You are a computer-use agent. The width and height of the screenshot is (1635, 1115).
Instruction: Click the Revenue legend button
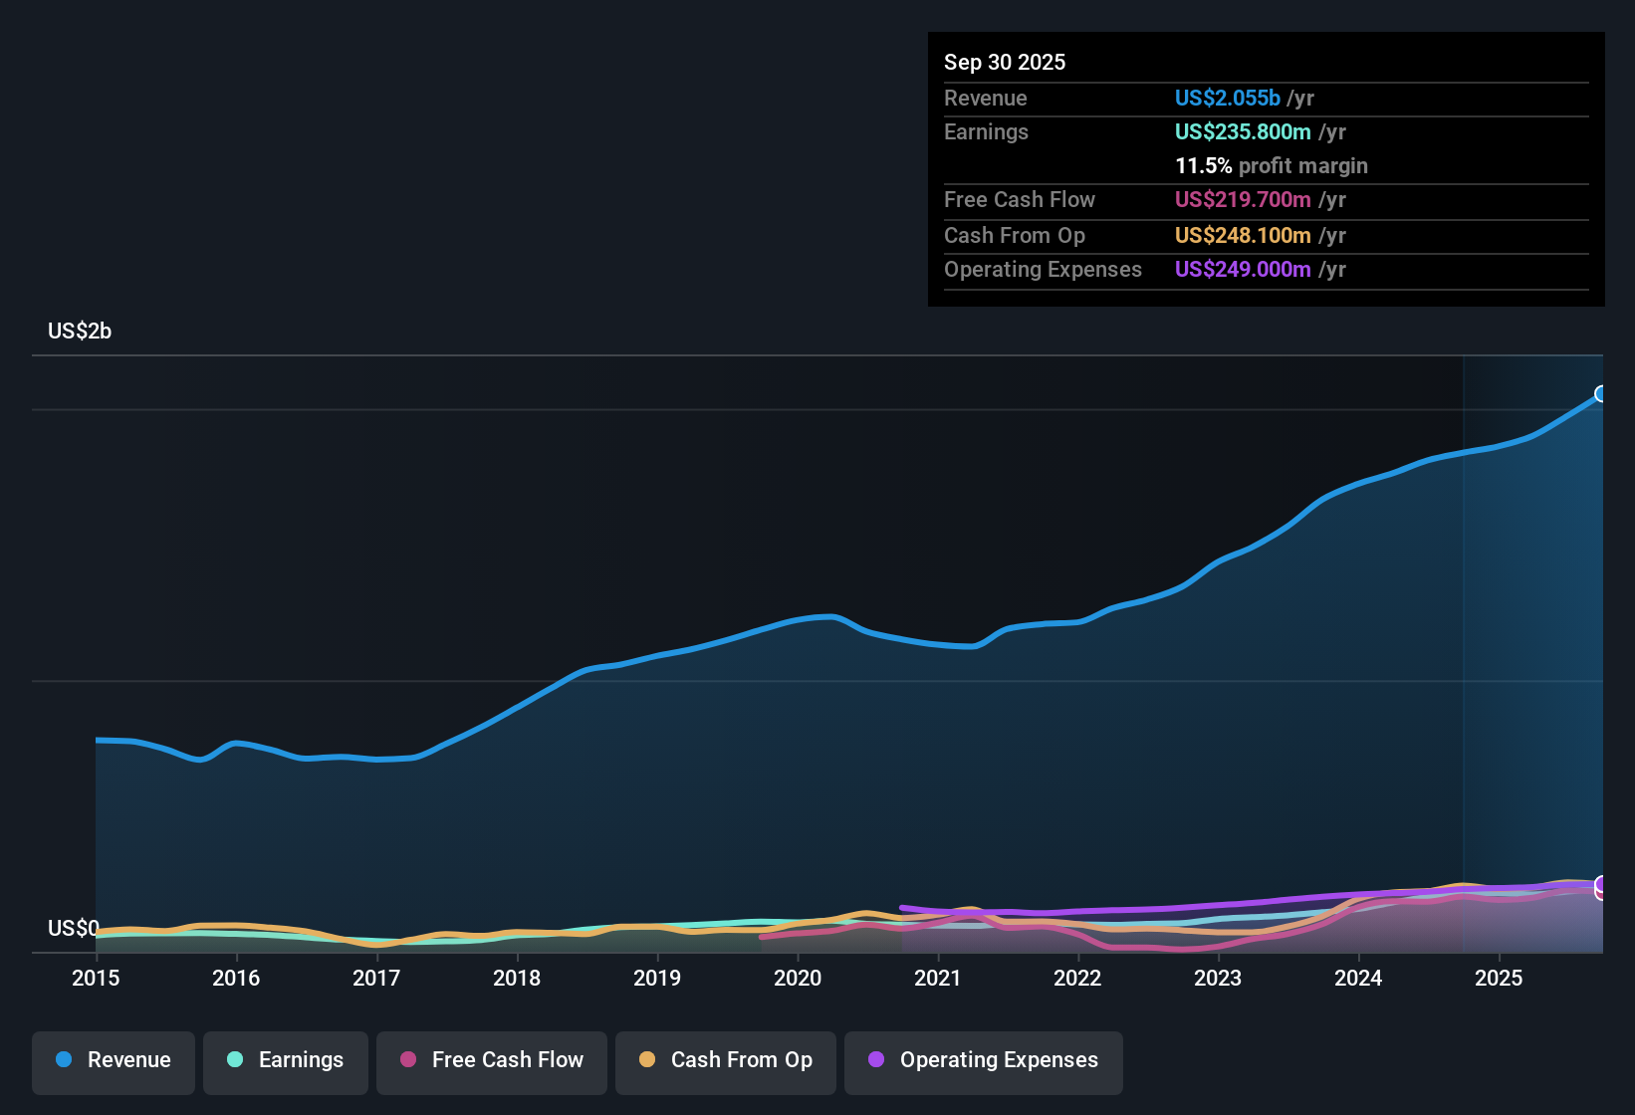tap(114, 1060)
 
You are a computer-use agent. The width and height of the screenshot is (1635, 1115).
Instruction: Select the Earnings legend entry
tap(286, 1060)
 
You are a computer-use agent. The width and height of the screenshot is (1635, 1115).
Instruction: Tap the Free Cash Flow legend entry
tap(492, 1060)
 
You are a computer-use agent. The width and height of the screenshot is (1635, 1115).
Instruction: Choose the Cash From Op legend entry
tap(726, 1060)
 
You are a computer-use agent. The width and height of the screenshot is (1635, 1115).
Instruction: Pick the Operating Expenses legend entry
tap(984, 1060)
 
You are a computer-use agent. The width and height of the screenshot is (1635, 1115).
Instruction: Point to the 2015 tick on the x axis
tap(96, 978)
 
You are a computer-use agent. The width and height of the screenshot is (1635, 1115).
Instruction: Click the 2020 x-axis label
tap(798, 978)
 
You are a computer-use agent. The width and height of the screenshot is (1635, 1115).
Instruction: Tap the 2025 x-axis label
tap(1499, 978)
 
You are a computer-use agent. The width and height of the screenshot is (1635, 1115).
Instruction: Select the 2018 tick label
tap(517, 978)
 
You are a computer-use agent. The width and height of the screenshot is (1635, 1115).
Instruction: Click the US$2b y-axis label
tap(80, 332)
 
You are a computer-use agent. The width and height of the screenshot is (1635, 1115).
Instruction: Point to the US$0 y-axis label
tap(73, 929)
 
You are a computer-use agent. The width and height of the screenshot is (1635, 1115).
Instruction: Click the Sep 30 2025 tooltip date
tap(1005, 62)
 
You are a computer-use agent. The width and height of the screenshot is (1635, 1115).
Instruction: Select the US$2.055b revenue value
tap(1227, 98)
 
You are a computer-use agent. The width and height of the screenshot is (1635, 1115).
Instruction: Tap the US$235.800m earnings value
tap(1242, 131)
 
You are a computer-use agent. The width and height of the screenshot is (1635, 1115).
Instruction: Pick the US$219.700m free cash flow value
tap(1242, 199)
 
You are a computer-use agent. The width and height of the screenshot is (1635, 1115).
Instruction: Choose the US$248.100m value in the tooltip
tap(1242, 235)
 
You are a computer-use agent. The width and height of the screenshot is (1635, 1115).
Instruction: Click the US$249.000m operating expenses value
tap(1242, 269)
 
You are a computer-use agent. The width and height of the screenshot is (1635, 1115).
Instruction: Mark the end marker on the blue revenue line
tap(1601, 394)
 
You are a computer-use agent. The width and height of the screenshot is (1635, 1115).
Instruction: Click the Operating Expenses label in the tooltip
tap(1043, 269)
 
